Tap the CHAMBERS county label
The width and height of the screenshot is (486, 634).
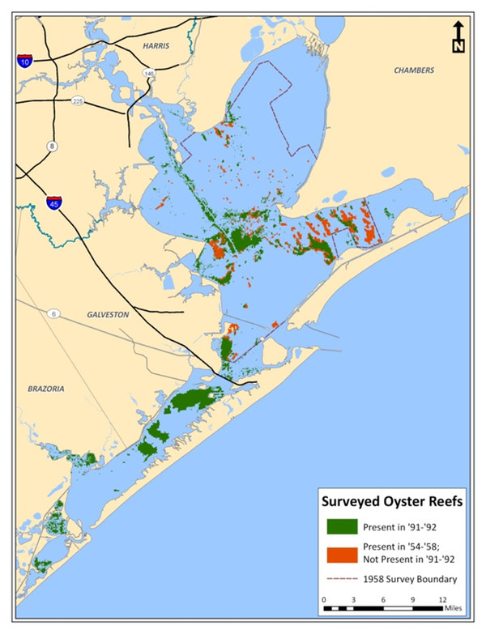coord(414,70)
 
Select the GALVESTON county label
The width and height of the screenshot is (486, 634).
coord(107,314)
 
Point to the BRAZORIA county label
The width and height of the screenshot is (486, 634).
coord(44,389)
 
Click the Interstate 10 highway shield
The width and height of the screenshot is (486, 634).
coord(26,62)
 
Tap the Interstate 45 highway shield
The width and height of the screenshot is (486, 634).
coord(53,202)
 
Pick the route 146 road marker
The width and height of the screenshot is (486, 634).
coord(149,74)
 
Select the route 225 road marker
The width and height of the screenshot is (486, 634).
coord(78,101)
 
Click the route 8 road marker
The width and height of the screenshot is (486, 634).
coord(53,146)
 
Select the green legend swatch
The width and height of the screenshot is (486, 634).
coord(343,526)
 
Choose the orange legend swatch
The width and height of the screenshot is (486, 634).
coord(343,555)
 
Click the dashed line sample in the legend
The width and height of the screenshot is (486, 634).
coord(343,579)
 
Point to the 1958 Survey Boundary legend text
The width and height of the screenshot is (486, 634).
coord(411,579)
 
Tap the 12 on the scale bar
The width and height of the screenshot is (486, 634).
coord(441,599)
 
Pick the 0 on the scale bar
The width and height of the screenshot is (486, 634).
coord(324,599)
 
